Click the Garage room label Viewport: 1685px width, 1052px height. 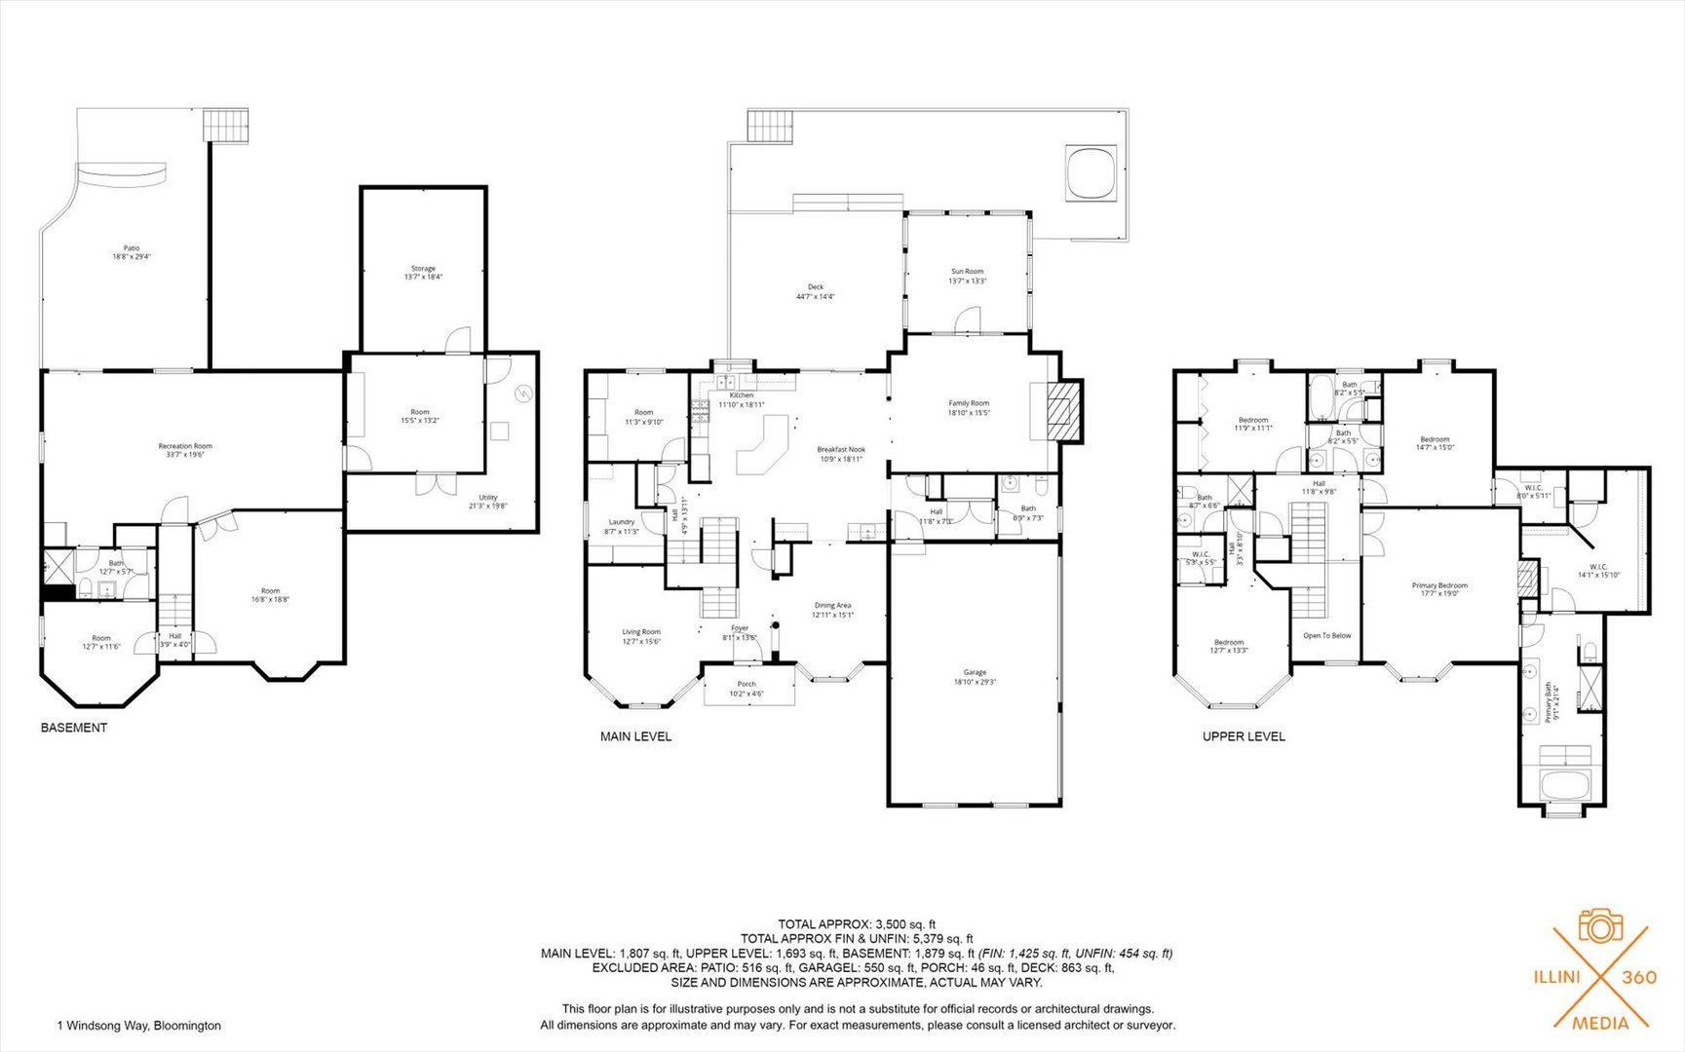click(x=975, y=672)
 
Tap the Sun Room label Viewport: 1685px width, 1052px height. click(x=967, y=272)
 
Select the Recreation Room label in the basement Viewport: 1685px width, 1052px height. click(x=185, y=446)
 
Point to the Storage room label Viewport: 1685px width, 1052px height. click(x=423, y=269)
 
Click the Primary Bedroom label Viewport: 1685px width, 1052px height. click(x=1439, y=585)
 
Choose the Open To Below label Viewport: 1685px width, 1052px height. click(x=1326, y=635)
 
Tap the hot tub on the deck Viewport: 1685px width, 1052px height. click(x=1091, y=173)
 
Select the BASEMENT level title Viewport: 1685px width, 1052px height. click(x=74, y=728)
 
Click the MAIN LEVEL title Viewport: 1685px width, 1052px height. click(x=635, y=736)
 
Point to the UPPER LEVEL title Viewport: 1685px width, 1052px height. click(x=1243, y=736)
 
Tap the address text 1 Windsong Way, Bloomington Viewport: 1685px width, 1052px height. click(x=139, y=1026)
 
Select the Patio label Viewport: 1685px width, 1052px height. click(x=131, y=248)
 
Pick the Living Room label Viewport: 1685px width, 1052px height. click(x=641, y=632)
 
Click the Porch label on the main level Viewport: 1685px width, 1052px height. click(x=747, y=684)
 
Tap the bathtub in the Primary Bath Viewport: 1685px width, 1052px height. click(x=1564, y=785)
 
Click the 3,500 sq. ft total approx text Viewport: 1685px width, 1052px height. click(x=857, y=923)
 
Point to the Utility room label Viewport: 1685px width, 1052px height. click(x=487, y=498)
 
